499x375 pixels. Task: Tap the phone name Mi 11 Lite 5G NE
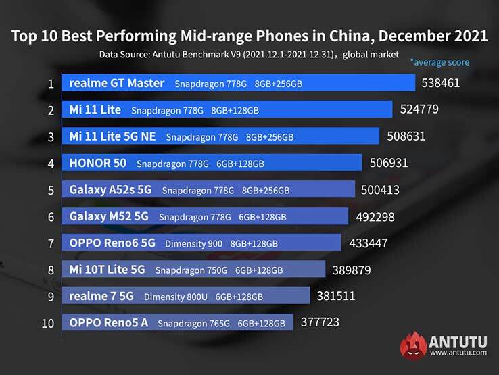(x=112, y=136)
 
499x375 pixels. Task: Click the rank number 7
(x=51, y=243)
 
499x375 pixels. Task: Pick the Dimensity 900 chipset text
(x=193, y=244)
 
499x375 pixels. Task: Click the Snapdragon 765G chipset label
(x=195, y=324)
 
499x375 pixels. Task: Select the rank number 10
(x=48, y=323)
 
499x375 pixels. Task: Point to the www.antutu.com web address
(x=458, y=352)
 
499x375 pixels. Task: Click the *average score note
(x=439, y=62)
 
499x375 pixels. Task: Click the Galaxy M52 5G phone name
(x=109, y=217)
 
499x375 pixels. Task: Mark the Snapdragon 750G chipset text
(x=191, y=270)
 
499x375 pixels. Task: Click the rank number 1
(x=51, y=84)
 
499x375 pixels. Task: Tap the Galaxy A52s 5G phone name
(x=110, y=190)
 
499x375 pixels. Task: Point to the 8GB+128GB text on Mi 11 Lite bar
(x=235, y=110)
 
